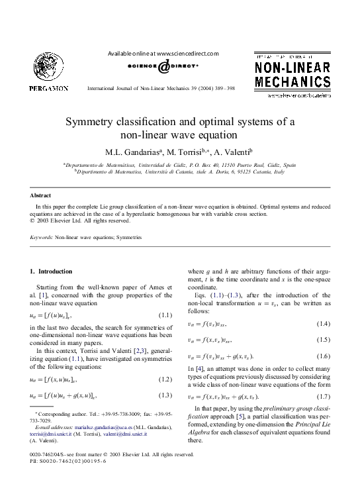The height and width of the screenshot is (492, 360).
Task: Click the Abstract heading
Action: [41, 195]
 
